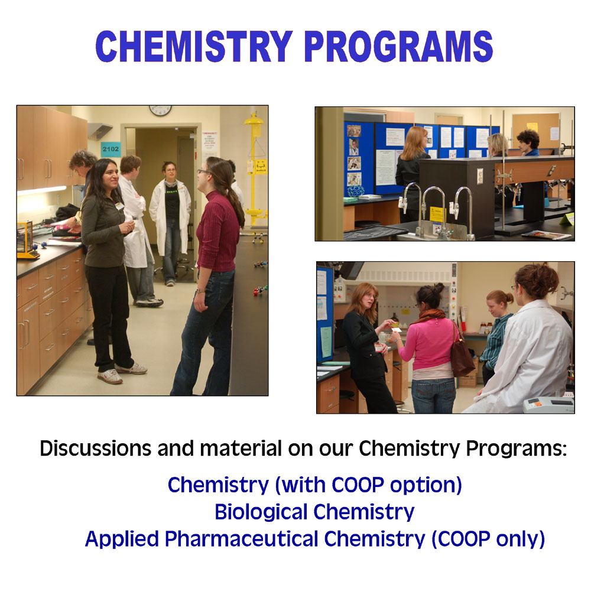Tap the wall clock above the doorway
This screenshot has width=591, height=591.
[160, 110]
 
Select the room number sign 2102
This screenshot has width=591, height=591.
[111, 149]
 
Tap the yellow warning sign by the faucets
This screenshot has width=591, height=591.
[437, 214]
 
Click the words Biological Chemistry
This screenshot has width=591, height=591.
[314, 512]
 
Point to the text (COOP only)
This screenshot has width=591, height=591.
[488, 539]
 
